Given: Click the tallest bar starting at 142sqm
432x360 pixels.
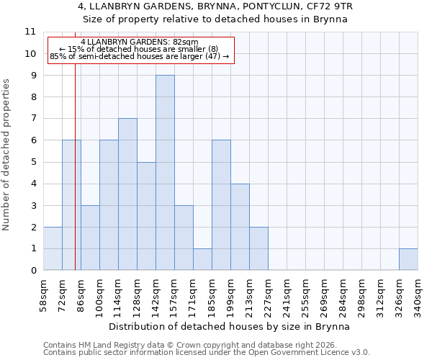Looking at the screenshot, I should click(165, 173).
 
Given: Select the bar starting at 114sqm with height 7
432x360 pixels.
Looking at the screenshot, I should click(127, 194).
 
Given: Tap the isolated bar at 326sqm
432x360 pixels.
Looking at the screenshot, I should click(408, 259).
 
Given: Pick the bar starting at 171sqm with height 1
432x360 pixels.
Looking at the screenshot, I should click(202, 259).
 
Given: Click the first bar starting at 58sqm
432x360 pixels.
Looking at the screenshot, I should click(53, 248).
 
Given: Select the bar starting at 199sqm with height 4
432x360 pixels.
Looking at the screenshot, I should click(240, 227).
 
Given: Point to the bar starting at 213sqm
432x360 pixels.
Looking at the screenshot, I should click(258, 248).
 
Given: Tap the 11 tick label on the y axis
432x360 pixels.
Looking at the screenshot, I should click(30, 32).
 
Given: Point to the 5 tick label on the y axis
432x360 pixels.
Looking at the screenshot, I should click(33, 162).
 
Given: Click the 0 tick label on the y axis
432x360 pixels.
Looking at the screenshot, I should click(33, 271).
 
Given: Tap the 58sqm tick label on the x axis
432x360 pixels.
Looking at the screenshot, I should click(43, 295).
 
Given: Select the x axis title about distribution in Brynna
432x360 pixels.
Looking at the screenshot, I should click(230, 326).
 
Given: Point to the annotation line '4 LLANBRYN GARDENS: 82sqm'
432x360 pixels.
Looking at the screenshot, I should click(140, 42).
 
